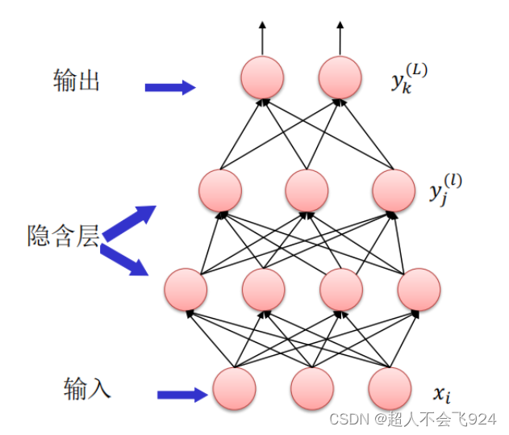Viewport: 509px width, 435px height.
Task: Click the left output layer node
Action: click(262, 77)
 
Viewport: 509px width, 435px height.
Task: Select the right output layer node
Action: click(340, 77)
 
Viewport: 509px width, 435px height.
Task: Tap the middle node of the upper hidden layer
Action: click(307, 192)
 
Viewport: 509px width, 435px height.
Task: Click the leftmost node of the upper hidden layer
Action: click(220, 192)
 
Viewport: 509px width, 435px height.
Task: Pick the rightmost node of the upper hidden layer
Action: click(394, 192)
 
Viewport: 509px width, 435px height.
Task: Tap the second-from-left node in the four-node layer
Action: click(263, 289)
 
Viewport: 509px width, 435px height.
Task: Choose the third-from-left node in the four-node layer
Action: click(341, 289)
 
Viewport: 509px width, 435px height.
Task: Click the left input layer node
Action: click(234, 388)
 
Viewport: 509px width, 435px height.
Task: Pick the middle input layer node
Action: click(312, 388)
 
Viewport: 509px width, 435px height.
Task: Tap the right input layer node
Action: click(390, 388)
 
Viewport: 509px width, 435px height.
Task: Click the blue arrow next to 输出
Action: click(170, 87)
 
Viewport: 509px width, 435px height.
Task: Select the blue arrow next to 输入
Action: click(183, 395)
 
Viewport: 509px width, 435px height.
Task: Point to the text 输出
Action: click(77, 81)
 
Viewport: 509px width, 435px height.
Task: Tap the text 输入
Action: click(87, 390)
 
